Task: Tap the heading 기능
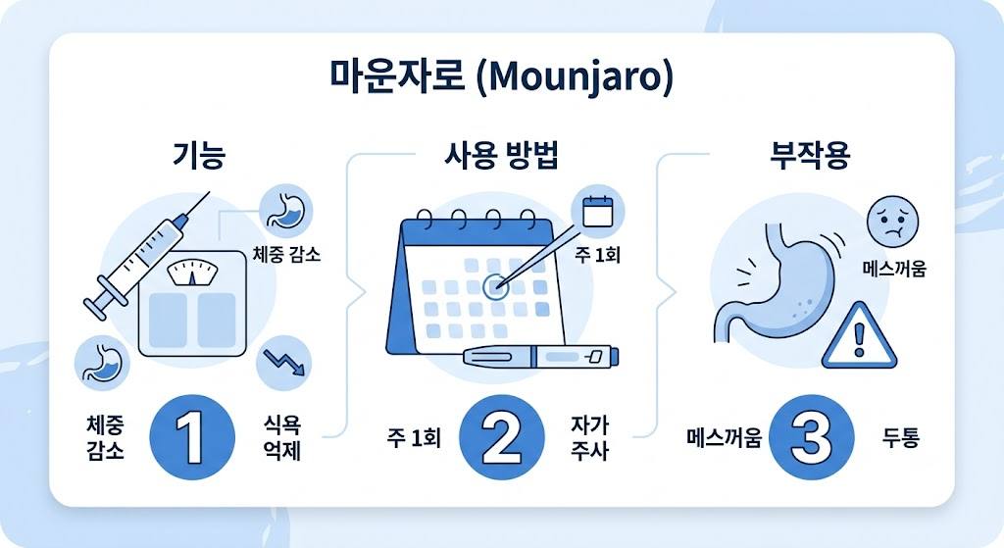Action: pyautogui.click(x=199, y=155)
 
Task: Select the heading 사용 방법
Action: pyautogui.click(x=501, y=155)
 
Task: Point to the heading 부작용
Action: pyautogui.click(x=810, y=156)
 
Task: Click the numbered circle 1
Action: pyautogui.click(x=192, y=437)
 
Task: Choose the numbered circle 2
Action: pyautogui.click(x=502, y=437)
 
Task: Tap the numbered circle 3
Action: pyautogui.click(x=811, y=437)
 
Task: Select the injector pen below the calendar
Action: pyautogui.click(x=540, y=357)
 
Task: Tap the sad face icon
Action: pyautogui.click(x=892, y=222)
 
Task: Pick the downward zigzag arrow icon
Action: pyautogui.click(x=283, y=363)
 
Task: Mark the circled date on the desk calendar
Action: pyautogui.click(x=495, y=287)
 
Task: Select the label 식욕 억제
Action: pyautogui.click(x=282, y=437)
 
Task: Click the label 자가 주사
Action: pyautogui.click(x=589, y=437)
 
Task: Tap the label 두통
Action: pyautogui.click(x=901, y=438)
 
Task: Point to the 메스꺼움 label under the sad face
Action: pyautogui.click(x=894, y=269)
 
